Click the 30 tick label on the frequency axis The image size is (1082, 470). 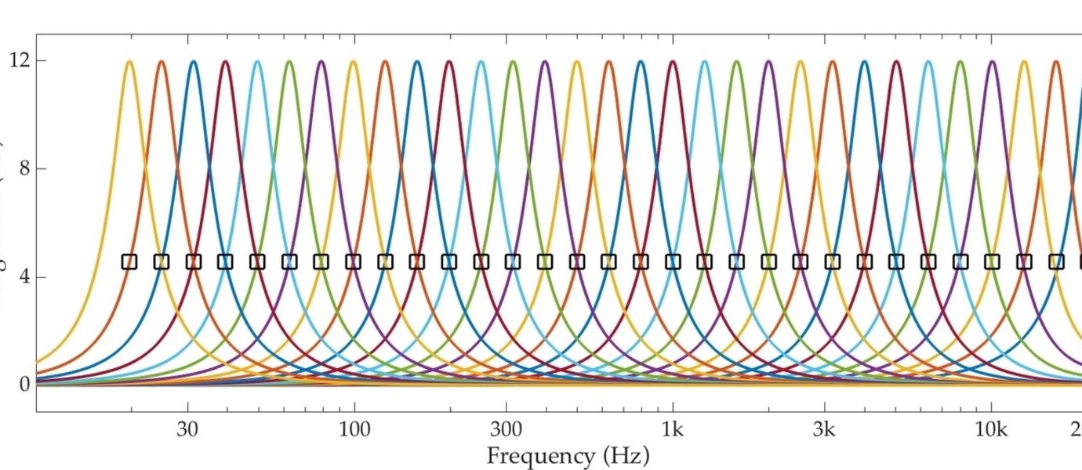187,429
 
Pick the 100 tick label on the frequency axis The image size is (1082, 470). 354,429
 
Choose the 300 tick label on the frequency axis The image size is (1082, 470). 506,429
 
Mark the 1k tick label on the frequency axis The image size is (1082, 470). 673,429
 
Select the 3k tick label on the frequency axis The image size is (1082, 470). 824,429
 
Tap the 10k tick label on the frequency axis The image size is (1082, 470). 991,429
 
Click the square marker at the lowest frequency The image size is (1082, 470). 129,262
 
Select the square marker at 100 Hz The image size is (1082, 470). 353,262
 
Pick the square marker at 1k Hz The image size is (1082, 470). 673,262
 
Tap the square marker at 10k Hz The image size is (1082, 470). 992,262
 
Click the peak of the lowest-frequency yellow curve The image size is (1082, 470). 129,61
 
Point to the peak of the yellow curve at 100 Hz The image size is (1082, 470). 353,61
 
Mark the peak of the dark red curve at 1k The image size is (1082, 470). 673,61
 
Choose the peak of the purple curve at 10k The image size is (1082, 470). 992,61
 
